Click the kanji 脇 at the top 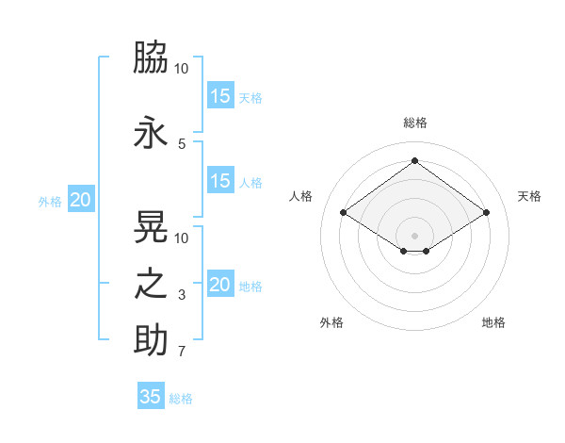[151, 57]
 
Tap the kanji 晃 [151, 226]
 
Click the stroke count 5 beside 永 [181, 144]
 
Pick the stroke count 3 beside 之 [182, 296]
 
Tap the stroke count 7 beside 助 [182, 353]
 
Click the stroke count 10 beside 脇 [182, 69]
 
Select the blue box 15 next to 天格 [220, 96]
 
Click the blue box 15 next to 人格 [220, 182]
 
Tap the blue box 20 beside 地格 [220, 285]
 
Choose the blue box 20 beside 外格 [80, 200]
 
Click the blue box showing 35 [151, 397]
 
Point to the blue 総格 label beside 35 [181, 399]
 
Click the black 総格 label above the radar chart [414, 123]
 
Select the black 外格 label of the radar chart [331, 322]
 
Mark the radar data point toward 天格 [486, 213]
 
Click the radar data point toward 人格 [344, 213]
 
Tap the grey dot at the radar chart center [414, 234]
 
